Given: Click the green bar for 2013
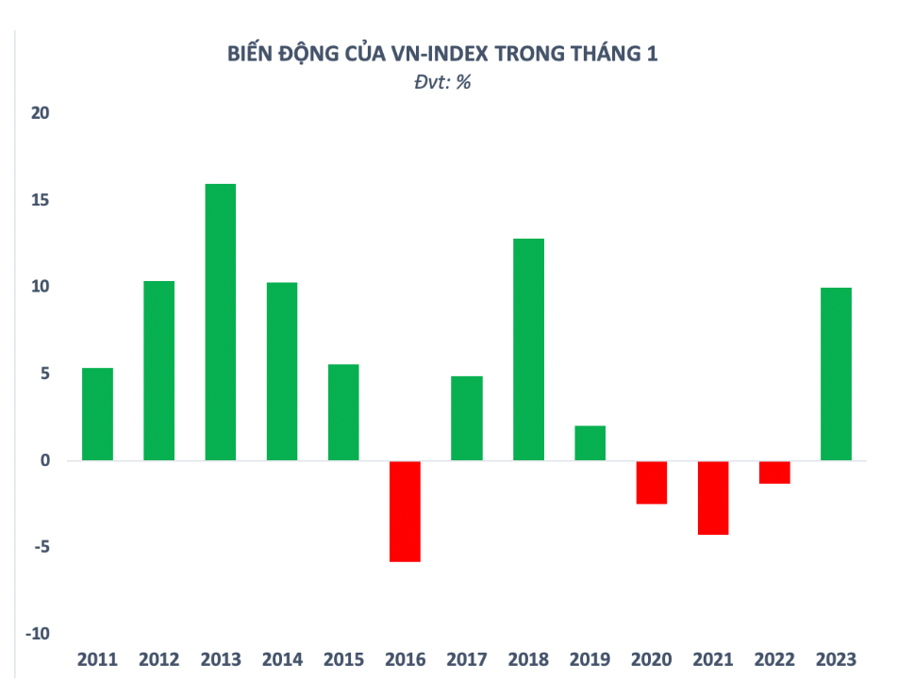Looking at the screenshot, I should pyautogui.click(x=221, y=322).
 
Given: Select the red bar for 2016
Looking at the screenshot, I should pyautogui.click(x=405, y=511).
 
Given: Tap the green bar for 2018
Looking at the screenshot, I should pyautogui.click(x=528, y=349).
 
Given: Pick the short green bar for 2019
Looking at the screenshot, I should pyautogui.click(x=590, y=443).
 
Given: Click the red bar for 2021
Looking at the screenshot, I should pyautogui.click(x=713, y=498).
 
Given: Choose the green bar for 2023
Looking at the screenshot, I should pyautogui.click(x=836, y=373).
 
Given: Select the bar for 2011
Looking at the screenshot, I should pyautogui.click(x=97, y=414).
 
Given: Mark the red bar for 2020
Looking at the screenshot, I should pyautogui.click(x=652, y=483).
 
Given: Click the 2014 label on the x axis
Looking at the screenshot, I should pyautogui.click(x=282, y=660).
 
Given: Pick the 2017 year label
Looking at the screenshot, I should pyautogui.click(x=467, y=660).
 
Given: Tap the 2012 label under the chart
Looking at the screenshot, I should pyautogui.click(x=158, y=660).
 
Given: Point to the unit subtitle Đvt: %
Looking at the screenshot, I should pyautogui.click(x=442, y=82).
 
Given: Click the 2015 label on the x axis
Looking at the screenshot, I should pyautogui.click(x=343, y=660).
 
